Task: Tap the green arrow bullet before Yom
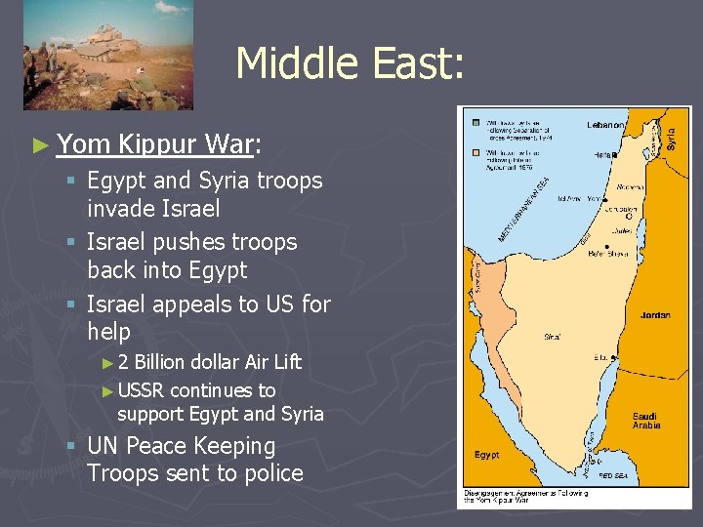(x=39, y=146)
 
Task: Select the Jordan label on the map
(x=655, y=315)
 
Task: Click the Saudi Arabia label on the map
(x=645, y=421)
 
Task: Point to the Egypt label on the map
(x=487, y=456)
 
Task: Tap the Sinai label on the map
(x=554, y=337)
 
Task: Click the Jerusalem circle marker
(x=630, y=216)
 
